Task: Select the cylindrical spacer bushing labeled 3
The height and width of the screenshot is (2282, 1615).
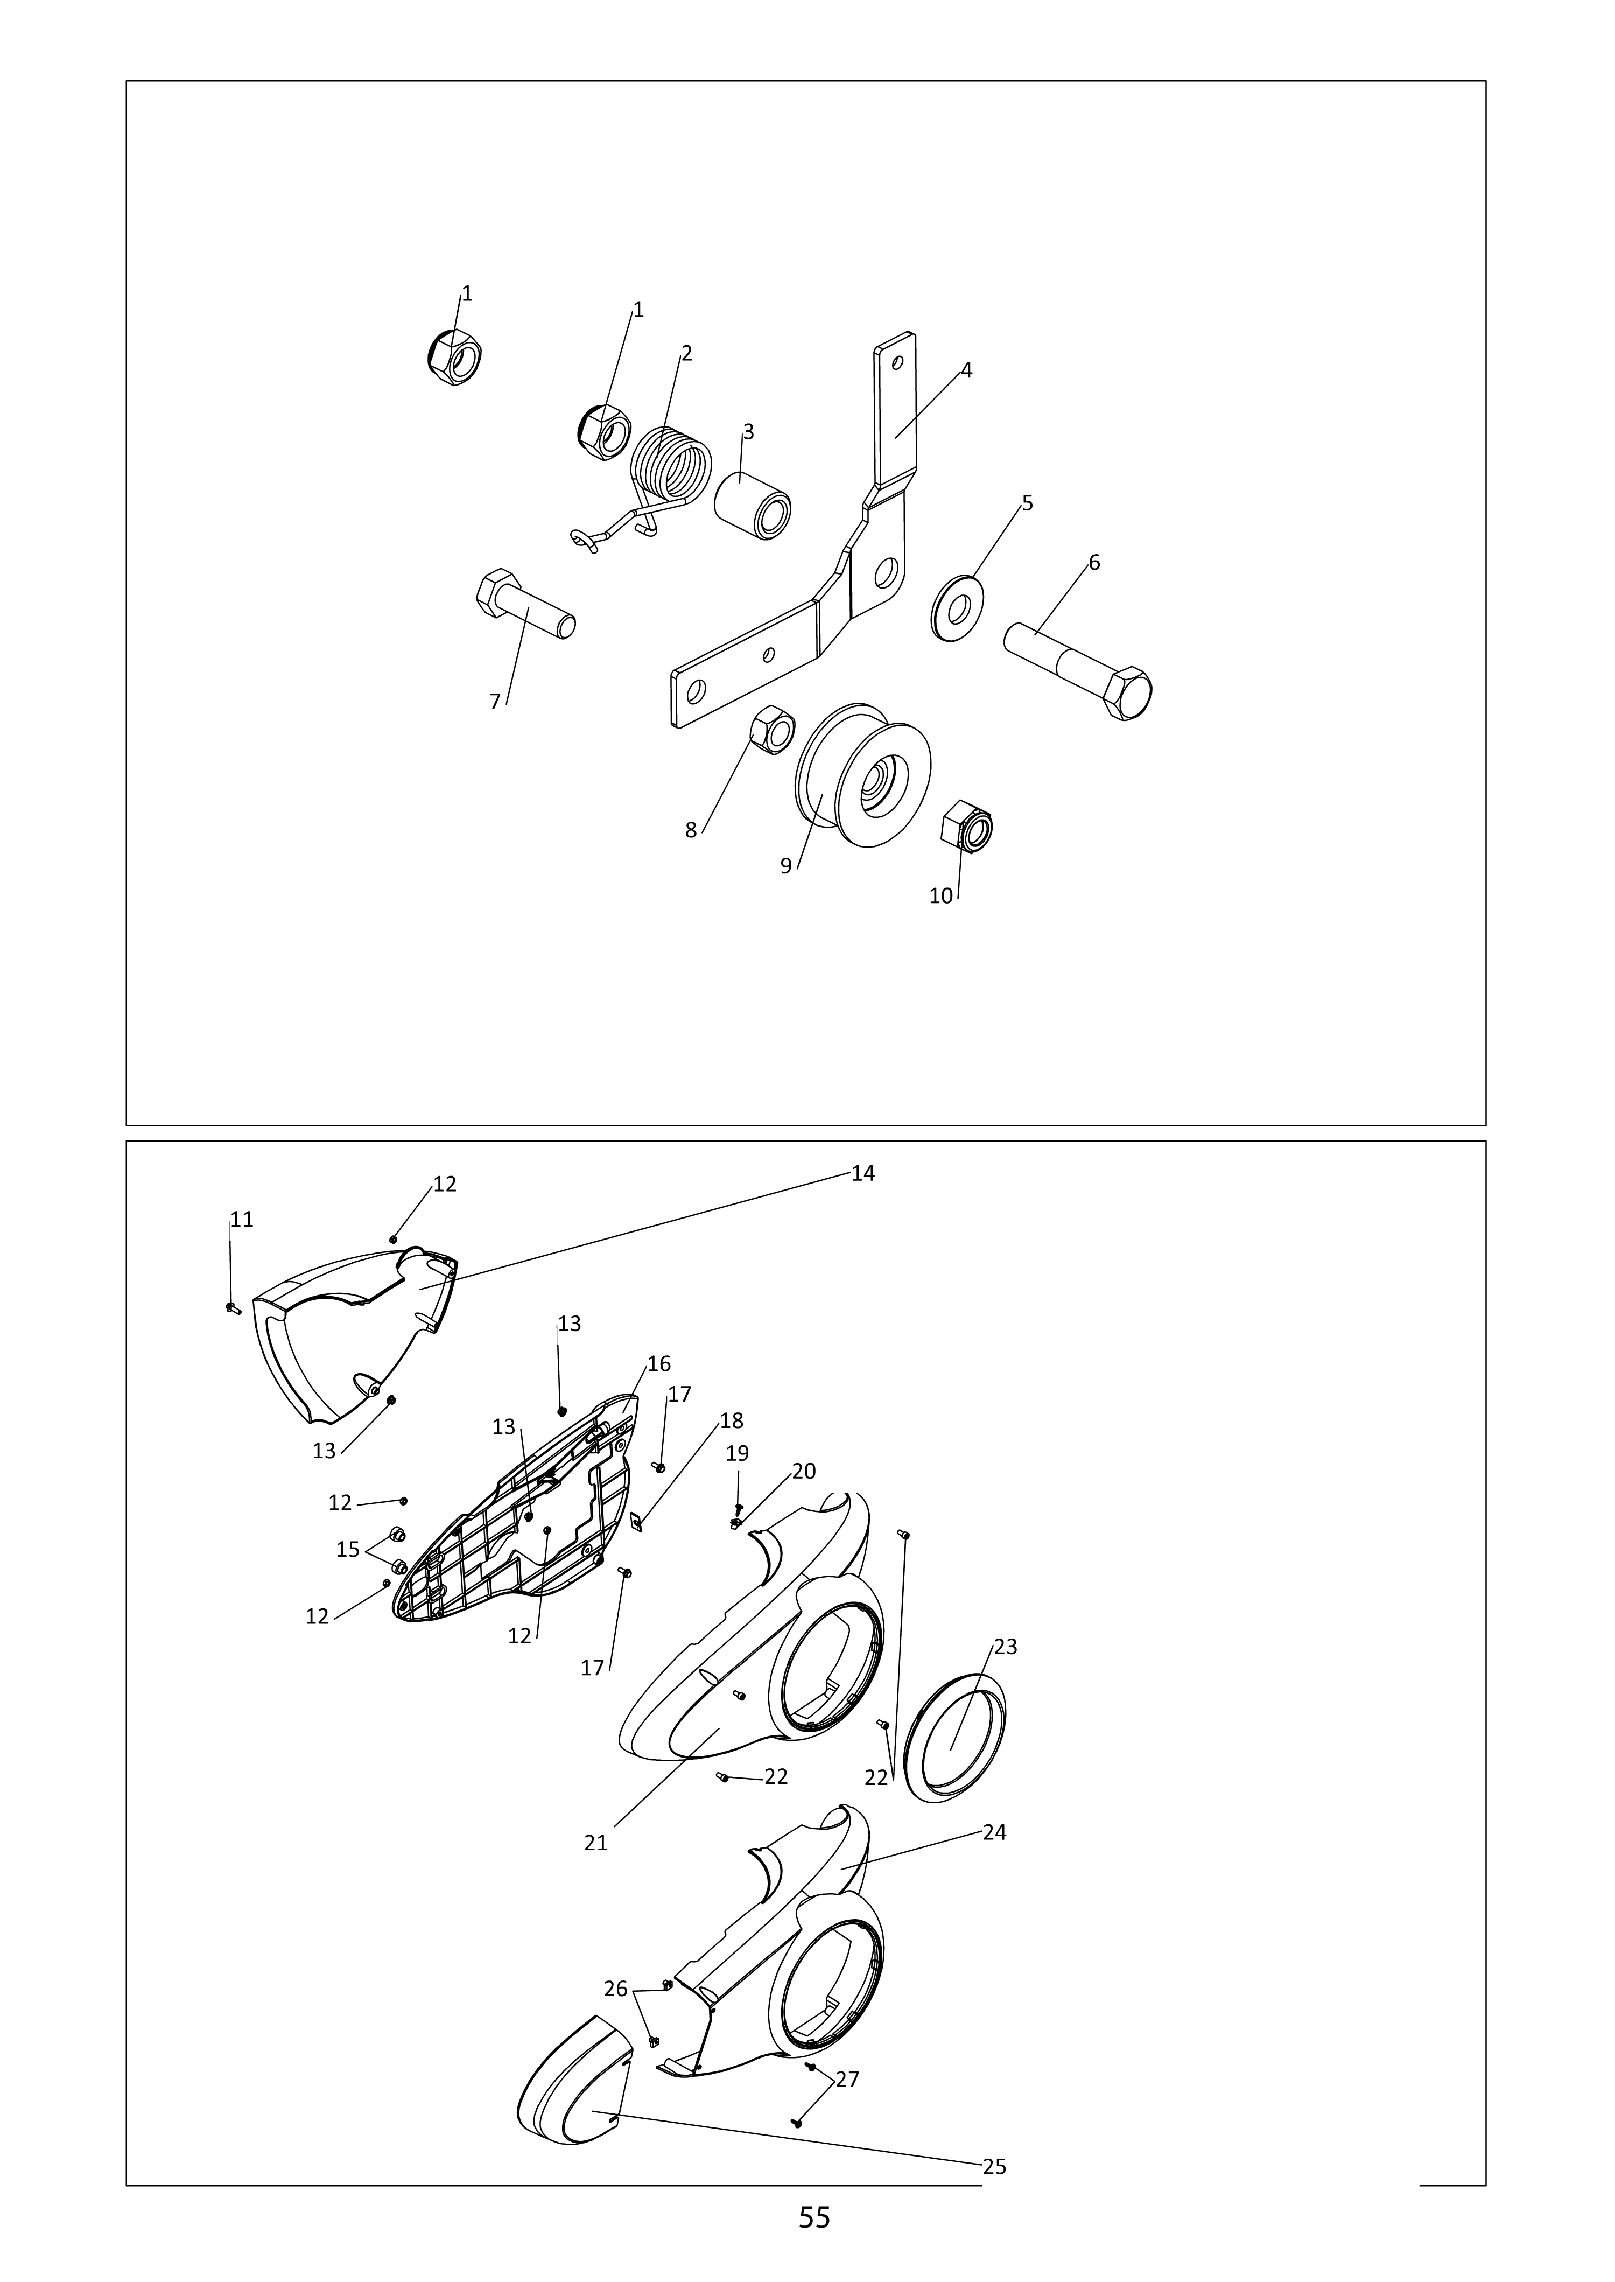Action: tap(752, 506)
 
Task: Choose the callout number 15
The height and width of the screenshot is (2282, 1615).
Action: tap(348, 1549)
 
